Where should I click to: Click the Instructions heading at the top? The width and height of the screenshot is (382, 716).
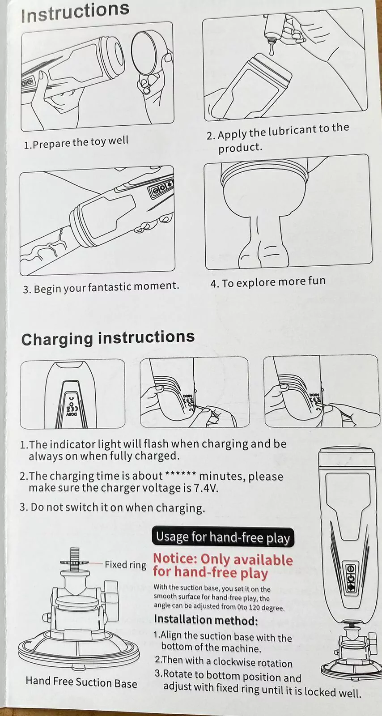(76, 13)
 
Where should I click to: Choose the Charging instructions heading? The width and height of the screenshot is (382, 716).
(108, 338)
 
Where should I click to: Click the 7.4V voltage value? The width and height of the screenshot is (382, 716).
(206, 488)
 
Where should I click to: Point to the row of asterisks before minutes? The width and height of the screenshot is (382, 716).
(180, 474)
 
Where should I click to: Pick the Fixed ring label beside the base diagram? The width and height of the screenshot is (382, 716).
(126, 565)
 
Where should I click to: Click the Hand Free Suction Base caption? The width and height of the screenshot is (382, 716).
(81, 682)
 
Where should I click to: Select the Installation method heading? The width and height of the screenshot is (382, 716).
(206, 620)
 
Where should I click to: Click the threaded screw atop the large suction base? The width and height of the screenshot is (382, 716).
(74, 560)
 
